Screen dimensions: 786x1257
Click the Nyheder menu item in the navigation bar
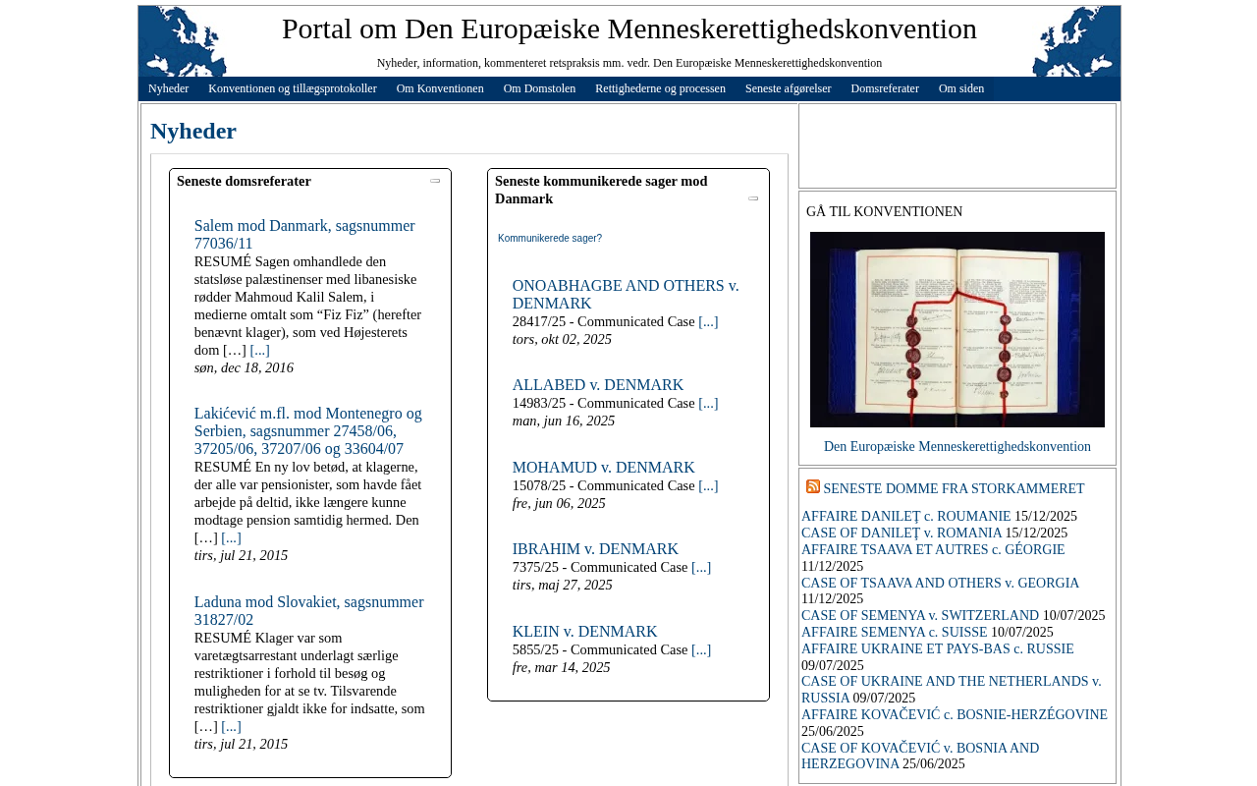(168, 88)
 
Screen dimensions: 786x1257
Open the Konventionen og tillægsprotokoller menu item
(292, 88)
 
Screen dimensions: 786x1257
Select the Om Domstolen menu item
(539, 88)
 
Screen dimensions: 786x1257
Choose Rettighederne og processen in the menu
(660, 88)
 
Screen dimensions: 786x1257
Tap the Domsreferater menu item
(884, 88)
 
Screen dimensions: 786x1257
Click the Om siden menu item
(960, 88)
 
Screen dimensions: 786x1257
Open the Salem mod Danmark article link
(303, 234)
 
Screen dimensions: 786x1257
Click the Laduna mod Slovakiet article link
(308, 610)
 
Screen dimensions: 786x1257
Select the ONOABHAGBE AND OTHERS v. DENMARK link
(625, 294)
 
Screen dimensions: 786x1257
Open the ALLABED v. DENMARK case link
(597, 385)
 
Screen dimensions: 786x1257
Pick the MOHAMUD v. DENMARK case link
(603, 468)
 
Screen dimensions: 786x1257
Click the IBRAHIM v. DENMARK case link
(595, 549)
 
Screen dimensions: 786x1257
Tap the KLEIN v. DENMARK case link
(584, 632)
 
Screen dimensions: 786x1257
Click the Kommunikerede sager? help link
(549, 238)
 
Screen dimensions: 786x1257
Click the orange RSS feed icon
(813, 486)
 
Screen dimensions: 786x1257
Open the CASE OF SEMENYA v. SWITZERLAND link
(919, 616)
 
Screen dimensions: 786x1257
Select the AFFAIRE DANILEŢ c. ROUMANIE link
(905, 517)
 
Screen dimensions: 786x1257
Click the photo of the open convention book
(956, 329)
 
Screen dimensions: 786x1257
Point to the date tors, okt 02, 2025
(562, 339)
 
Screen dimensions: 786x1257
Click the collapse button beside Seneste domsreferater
(435, 181)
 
